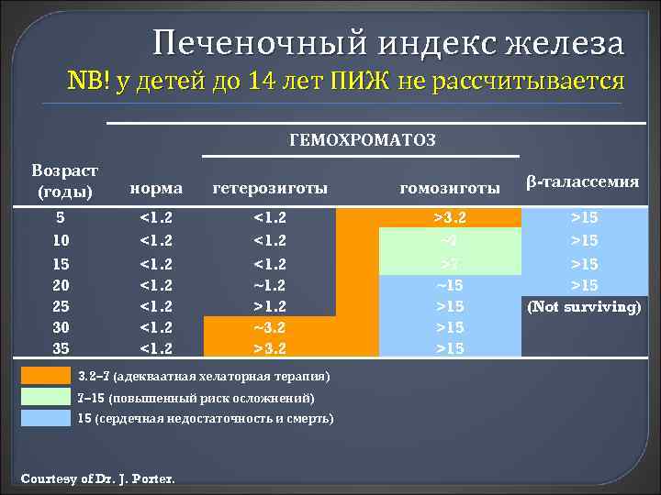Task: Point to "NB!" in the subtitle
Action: click(88, 82)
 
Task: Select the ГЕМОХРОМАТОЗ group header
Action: click(363, 140)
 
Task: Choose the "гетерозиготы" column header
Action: click(270, 188)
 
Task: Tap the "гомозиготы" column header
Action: click(450, 188)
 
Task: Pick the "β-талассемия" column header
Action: click(582, 181)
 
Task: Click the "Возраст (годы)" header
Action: click(65, 181)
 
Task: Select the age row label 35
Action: click(60, 348)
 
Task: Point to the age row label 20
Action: click(60, 284)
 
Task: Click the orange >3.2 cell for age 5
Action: click(450, 219)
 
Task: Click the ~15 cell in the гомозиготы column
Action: click(450, 284)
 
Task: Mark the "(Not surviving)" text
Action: click(582, 306)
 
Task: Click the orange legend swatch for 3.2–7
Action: click(45, 376)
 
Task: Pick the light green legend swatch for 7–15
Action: click(45, 397)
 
